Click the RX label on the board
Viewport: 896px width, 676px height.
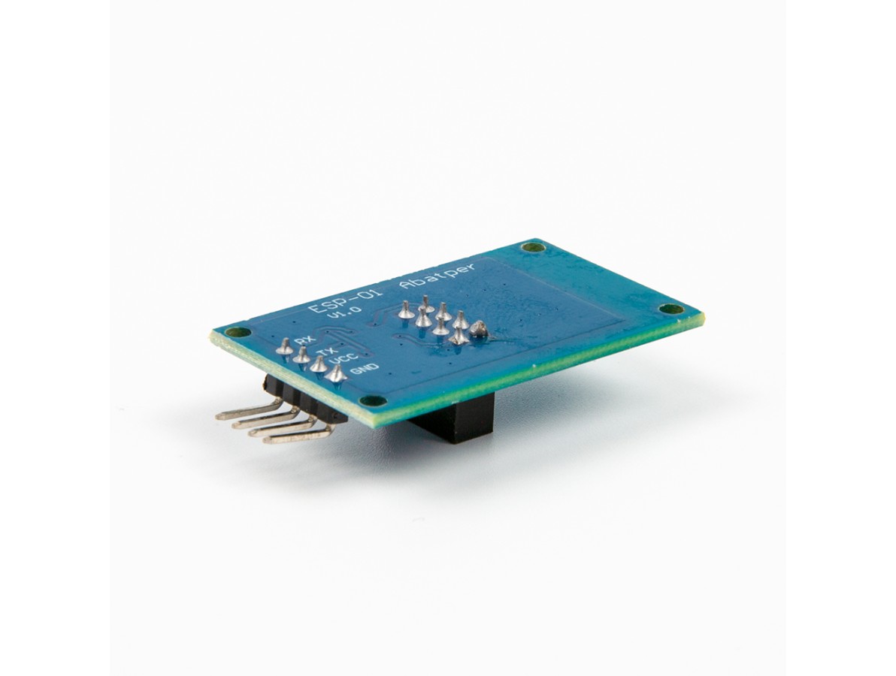coord(305,342)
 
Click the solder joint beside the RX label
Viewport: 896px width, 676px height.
coord(284,346)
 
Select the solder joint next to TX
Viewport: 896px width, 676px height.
coord(301,355)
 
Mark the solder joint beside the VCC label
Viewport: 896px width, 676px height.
coord(318,364)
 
